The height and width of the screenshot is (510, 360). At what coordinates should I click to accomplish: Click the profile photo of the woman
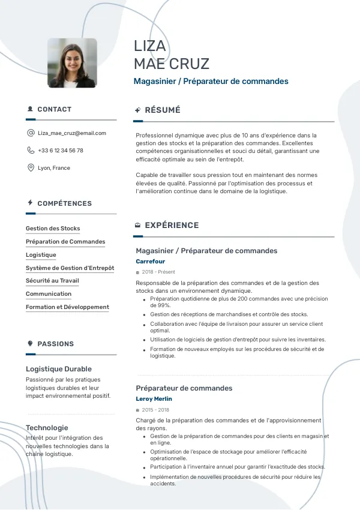[72, 63]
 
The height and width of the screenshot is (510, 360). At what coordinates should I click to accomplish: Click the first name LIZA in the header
[149, 46]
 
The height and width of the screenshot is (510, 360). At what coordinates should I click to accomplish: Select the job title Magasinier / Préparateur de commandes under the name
[211, 82]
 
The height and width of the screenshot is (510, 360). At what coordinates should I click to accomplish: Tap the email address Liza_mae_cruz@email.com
[72, 133]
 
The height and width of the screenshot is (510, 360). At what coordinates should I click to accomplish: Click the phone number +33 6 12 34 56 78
[61, 151]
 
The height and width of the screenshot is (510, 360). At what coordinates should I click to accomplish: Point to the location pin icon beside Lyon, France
[31, 168]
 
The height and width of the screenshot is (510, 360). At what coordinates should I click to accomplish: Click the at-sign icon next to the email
[31, 133]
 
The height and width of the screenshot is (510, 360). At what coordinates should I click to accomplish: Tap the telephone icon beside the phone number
[31, 151]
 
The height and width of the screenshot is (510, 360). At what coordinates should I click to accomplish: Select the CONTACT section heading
[54, 110]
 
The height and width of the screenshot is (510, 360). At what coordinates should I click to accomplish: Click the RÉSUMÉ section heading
[163, 110]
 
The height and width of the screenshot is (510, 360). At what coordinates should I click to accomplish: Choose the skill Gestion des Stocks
[53, 229]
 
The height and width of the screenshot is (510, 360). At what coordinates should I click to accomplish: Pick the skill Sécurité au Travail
[52, 281]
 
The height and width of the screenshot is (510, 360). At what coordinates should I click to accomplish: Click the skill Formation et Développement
[67, 307]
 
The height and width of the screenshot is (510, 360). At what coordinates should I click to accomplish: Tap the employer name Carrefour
[150, 262]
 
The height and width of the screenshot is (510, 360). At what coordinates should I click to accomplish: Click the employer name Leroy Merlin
[154, 399]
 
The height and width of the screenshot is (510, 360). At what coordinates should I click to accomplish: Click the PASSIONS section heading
[55, 344]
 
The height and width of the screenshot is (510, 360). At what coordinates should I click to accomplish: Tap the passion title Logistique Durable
[59, 369]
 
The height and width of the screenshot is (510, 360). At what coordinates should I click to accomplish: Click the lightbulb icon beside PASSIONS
[30, 344]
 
